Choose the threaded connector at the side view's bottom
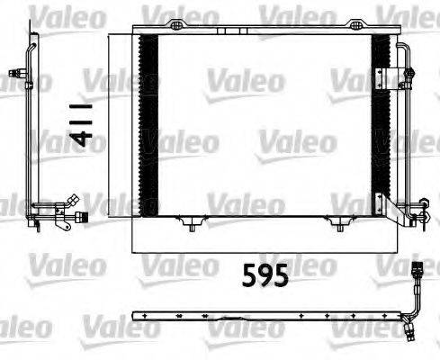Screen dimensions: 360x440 81,216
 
